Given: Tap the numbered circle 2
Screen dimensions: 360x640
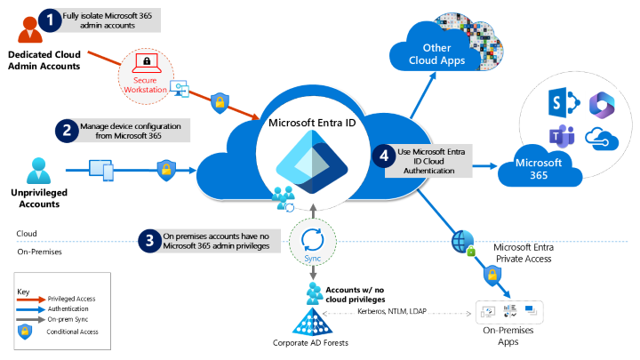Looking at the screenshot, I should point(66,131).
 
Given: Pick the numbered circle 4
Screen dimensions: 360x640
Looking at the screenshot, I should point(385,156).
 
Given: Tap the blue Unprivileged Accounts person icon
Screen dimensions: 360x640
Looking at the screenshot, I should point(37,170).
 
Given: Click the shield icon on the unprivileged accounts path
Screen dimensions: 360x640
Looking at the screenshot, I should point(164,169).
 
